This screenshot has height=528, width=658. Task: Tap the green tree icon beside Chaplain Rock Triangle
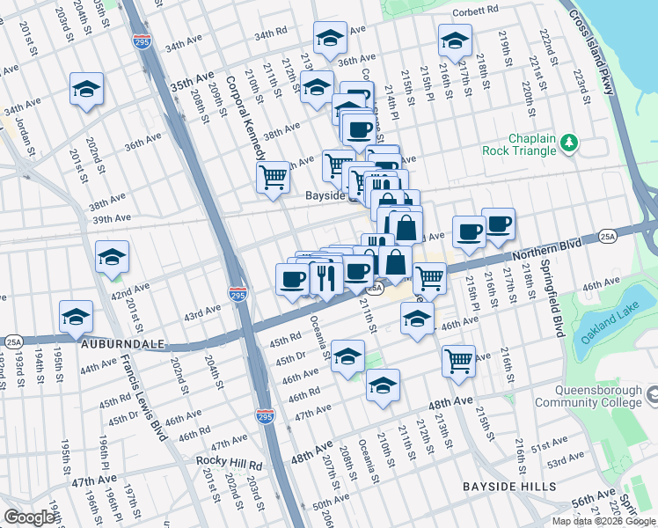click(569, 141)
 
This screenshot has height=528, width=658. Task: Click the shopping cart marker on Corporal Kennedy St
click(273, 176)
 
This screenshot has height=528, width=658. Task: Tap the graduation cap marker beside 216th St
click(455, 40)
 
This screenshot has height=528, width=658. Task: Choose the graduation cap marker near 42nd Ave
click(112, 257)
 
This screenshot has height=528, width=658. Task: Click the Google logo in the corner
click(28, 517)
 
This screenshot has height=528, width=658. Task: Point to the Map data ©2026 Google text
click(603, 521)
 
